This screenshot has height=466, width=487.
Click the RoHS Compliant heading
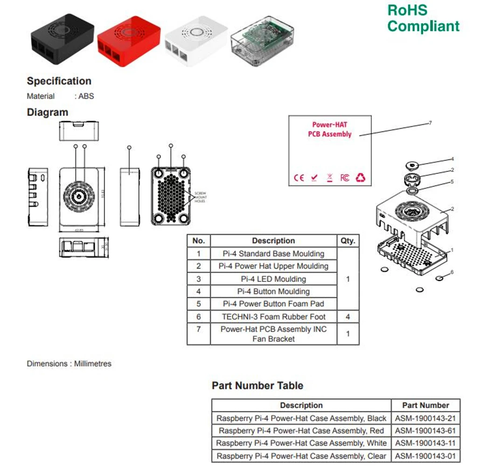coord(423,18)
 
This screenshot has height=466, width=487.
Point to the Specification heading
coord(59,81)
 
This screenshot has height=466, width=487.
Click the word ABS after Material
coord(86,96)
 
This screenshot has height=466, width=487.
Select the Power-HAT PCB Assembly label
coord(330,130)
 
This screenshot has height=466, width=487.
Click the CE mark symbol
coord(299,178)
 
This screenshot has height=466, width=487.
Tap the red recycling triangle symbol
coord(361,178)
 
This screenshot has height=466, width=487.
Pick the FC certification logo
coord(344,178)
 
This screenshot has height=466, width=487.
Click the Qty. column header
coord(348,241)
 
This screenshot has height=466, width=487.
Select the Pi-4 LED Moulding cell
coord(273,279)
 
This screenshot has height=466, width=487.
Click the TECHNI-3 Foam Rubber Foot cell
coord(273,317)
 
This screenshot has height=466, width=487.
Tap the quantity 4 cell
coord(348,317)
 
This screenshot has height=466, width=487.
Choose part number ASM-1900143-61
coord(425,431)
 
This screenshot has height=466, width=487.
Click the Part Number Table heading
coord(257,386)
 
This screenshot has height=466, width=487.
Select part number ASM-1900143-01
coord(425,456)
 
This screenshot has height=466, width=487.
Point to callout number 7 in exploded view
coord(430,123)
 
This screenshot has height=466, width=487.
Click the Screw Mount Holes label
coord(200,198)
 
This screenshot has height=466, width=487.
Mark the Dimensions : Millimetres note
coord(69,363)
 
